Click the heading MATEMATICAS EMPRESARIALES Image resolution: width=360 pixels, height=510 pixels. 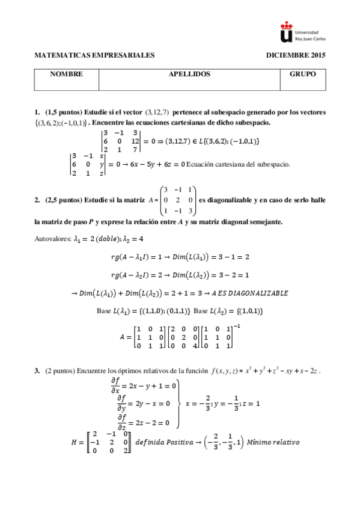point(95,55)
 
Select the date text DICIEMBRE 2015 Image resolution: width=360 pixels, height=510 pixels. point(296,55)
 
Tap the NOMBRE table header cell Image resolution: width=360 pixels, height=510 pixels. point(67,75)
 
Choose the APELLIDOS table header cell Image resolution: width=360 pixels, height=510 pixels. point(189,75)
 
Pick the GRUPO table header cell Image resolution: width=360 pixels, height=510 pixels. point(303,75)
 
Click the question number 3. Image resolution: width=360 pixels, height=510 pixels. point(37,370)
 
